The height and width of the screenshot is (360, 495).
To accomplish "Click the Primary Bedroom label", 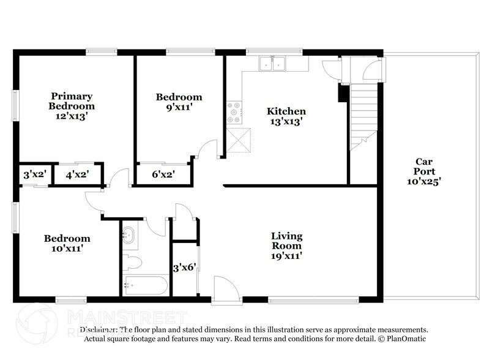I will [72, 101].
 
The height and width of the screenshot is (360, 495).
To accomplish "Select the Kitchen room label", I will [286, 111].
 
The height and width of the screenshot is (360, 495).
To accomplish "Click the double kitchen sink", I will [273, 64].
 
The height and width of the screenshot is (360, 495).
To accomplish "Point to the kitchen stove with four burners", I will [234, 112].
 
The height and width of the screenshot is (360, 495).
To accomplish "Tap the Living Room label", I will [287, 241].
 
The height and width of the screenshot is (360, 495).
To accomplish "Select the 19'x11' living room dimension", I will [287, 256].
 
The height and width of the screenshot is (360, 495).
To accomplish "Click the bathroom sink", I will [129, 234].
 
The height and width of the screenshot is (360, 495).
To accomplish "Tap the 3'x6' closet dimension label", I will [184, 267].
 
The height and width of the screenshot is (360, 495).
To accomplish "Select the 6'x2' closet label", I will [163, 174].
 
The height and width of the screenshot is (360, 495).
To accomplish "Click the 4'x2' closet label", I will [78, 174].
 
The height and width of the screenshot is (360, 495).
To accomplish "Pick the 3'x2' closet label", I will [35, 174].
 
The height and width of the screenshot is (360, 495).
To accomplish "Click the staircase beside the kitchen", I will [364, 116].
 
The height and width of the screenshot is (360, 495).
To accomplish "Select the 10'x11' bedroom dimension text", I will [67, 249].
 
